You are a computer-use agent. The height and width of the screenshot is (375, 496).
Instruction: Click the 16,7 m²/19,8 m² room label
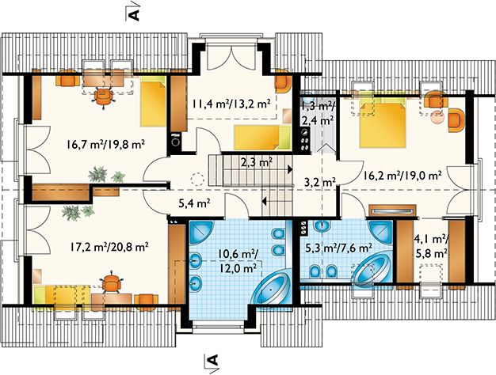click(105, 145)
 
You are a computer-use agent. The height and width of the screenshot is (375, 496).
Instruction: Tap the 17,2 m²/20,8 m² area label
click(109, 247)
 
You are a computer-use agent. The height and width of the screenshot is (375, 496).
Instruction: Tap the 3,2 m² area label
click(320, 182)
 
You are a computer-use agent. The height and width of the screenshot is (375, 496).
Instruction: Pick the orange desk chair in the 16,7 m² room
click(103, 97)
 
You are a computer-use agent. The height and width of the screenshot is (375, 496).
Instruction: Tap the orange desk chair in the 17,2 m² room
click(111, 282)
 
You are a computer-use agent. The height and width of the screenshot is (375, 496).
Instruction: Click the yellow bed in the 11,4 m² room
click(262, 137)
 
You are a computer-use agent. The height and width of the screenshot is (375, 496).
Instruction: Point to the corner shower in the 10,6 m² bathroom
click(202, 232)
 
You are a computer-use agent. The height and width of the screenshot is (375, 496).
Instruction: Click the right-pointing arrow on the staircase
click(289, 169)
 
